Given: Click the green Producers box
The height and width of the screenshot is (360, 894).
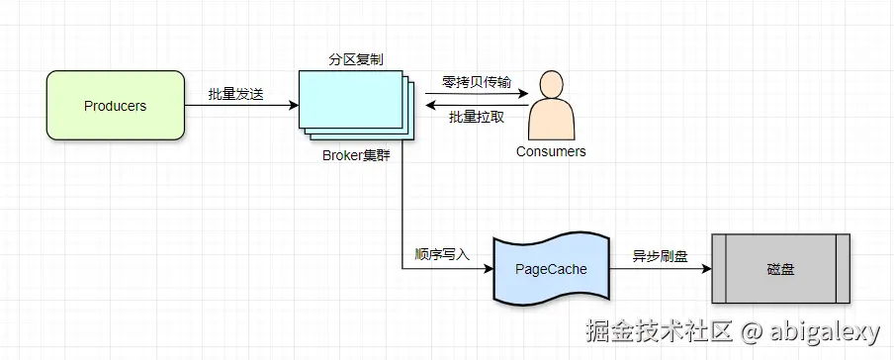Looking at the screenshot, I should (115, 106).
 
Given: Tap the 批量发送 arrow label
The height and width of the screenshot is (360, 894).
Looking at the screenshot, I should (235, 94).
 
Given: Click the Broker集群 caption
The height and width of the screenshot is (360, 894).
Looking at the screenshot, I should (356, 154).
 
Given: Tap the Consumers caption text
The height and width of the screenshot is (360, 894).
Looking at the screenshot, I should (551, 151).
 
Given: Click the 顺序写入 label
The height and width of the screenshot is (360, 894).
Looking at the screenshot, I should (441, 254).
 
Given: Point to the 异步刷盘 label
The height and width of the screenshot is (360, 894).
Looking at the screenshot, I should (660, 254).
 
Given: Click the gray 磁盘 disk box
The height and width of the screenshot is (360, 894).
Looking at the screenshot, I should (780, 268).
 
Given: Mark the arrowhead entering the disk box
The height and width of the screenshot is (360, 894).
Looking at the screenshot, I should (705, 268).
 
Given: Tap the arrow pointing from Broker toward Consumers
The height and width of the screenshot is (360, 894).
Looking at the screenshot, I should (475, 95).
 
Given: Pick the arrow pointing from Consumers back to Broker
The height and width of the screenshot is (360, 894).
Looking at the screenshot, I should (475, 106).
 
